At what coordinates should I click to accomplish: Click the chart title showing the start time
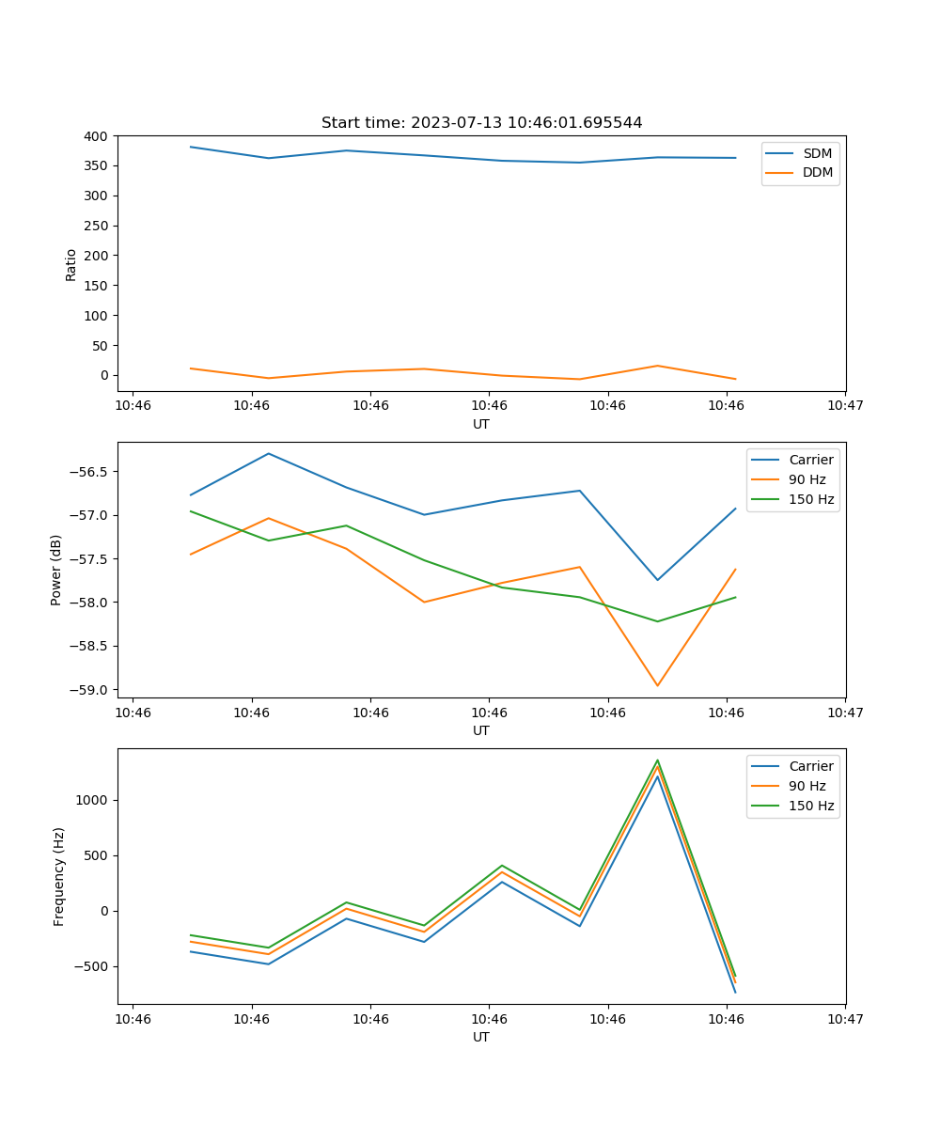[481, 123]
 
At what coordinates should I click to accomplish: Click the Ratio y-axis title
[71, 264]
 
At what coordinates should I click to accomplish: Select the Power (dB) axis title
[57, 570]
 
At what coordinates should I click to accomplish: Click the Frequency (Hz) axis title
[59, 876]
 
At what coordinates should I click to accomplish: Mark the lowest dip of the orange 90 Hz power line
[657, 685]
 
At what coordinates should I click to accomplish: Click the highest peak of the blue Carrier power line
[269, 454]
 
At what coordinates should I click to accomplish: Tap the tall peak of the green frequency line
[657, 760]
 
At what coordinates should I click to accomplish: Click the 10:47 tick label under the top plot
[845, 406]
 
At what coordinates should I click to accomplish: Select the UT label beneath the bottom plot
[481, 1037]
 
